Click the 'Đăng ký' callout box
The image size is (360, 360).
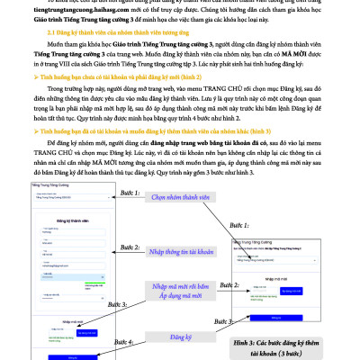point(189,337)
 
